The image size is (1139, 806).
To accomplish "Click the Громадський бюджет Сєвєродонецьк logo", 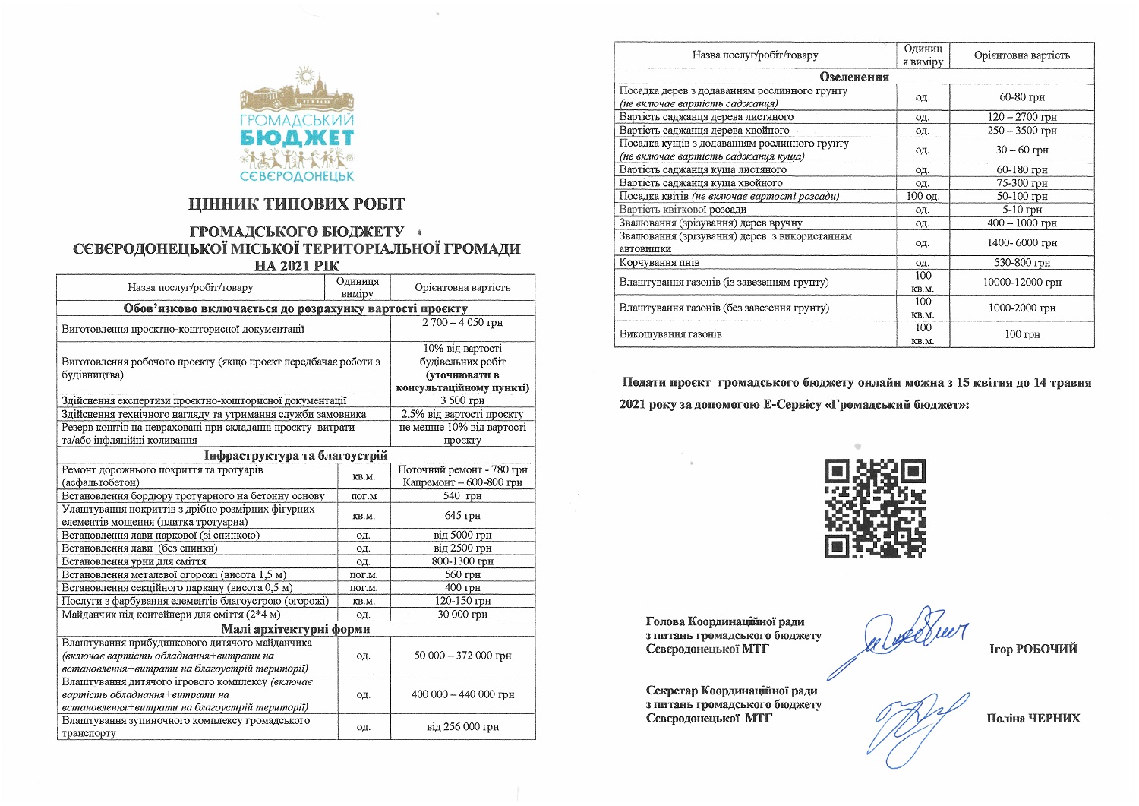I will click(x=297, y=125).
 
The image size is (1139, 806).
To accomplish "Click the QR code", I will click(x=875, y=508).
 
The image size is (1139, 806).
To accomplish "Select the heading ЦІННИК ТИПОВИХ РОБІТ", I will click(x=297, y=204).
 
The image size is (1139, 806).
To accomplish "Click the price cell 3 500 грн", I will click(x=462, y=400).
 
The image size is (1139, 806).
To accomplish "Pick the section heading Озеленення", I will click(x=854, y=77).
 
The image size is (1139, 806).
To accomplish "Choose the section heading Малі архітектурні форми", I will click(x=296, y=628).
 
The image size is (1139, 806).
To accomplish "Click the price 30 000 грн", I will click(x=462, y=614).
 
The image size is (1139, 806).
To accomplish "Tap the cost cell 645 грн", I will click(x=462, y=516).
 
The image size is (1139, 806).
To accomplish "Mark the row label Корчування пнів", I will click(x=659, y=263).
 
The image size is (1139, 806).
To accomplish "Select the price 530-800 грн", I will click(x=1022, y=263).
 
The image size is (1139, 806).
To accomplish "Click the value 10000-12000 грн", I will click(x=1022, y=283).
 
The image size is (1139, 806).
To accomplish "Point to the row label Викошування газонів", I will click(x=670, y=334).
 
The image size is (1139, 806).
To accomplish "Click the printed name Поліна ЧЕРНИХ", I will click(x=1033, y=718).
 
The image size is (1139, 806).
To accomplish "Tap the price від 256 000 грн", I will click(x=462, y=727).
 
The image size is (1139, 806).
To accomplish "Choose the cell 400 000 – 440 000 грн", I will click(x=462, y=694).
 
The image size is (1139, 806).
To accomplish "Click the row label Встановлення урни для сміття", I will click(x=134, y=561).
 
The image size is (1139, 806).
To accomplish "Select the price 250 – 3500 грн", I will click(x=1022, y=131).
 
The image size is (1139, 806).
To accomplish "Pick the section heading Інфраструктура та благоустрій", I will click(x=296, y=456).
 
